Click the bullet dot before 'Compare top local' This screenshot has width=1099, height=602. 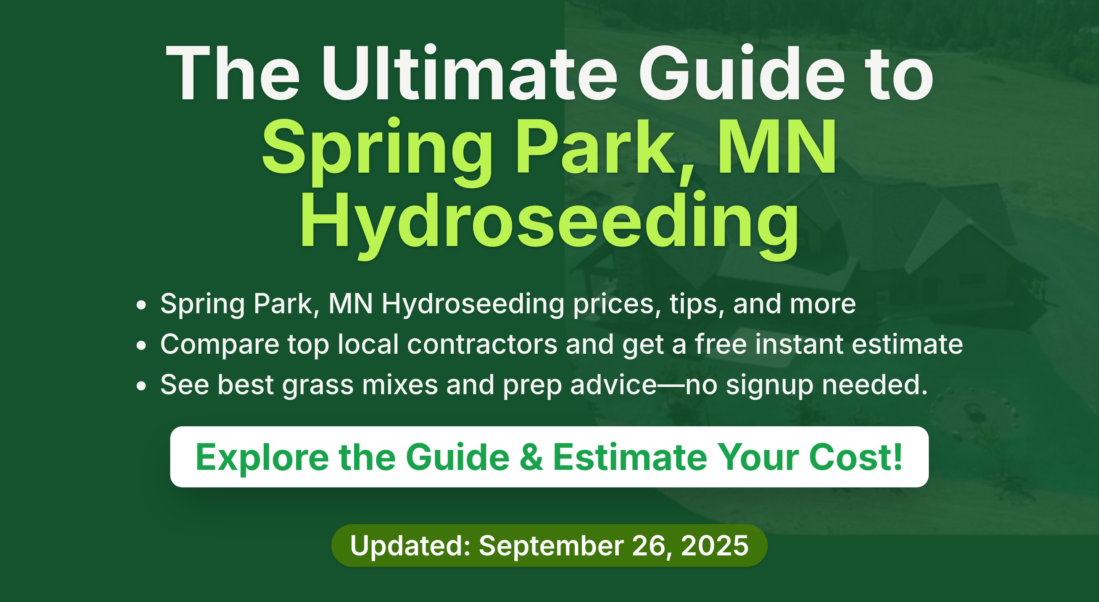(x=141, y=345)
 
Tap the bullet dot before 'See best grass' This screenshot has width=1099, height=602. (x=141, y=386)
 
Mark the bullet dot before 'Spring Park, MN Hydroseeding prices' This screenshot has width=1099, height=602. (x=141, y=305)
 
